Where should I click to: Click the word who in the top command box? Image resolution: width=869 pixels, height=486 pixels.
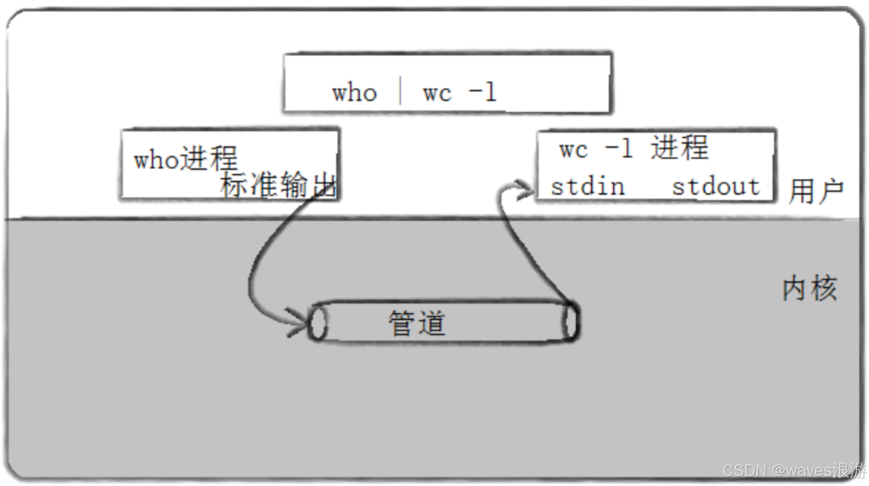pyautogui.click(x=354, y=92)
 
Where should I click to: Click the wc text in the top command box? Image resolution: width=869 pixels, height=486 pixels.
pyautogui.click(x=437, y=93)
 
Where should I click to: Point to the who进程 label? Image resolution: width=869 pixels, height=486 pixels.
pyautogui.click(x=186, y=159)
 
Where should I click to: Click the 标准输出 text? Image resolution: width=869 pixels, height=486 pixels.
pyautogui.click(x=278, y=184)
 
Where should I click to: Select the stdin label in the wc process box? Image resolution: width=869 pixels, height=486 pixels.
pyautogui.click(x=587, y=187)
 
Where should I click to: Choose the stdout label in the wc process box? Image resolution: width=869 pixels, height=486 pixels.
pyautogui.click(x=716, y=187)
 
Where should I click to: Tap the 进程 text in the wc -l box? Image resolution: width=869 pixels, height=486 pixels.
pyautogui.click(x=679, y=148)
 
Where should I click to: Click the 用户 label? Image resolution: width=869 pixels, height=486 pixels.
pyautogui.click(x=816, y=191)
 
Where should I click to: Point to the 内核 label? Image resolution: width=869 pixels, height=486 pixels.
pyautogui.click(x=809, y=288)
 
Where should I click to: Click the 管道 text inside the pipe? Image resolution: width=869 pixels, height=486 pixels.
pyautogui.click(x=417, y=323)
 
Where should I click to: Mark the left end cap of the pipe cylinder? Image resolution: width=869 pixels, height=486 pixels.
pyautogui.click(x=318, y=322)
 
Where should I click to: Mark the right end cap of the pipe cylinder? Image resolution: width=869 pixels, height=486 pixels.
pyautogui.click(x=571, y=322)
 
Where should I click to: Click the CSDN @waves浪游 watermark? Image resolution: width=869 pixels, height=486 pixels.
pyautogui.click(x=794, y=470)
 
